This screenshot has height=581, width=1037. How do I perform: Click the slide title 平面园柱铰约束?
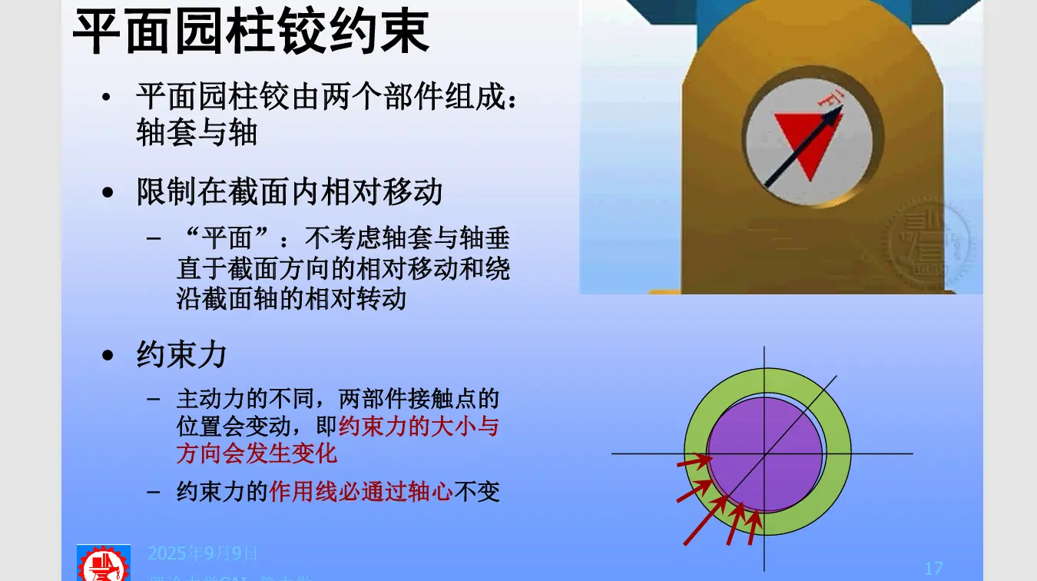250,32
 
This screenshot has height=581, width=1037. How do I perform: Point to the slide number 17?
933,569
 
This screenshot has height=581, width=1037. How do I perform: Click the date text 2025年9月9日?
203,553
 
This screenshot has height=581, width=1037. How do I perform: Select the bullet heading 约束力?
181,355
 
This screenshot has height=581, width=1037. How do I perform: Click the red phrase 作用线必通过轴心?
360,492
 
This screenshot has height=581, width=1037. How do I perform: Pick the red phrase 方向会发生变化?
257,453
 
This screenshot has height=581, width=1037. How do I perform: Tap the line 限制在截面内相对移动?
289,191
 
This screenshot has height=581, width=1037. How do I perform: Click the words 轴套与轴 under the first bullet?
196,134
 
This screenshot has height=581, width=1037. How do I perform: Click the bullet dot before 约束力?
108,356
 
